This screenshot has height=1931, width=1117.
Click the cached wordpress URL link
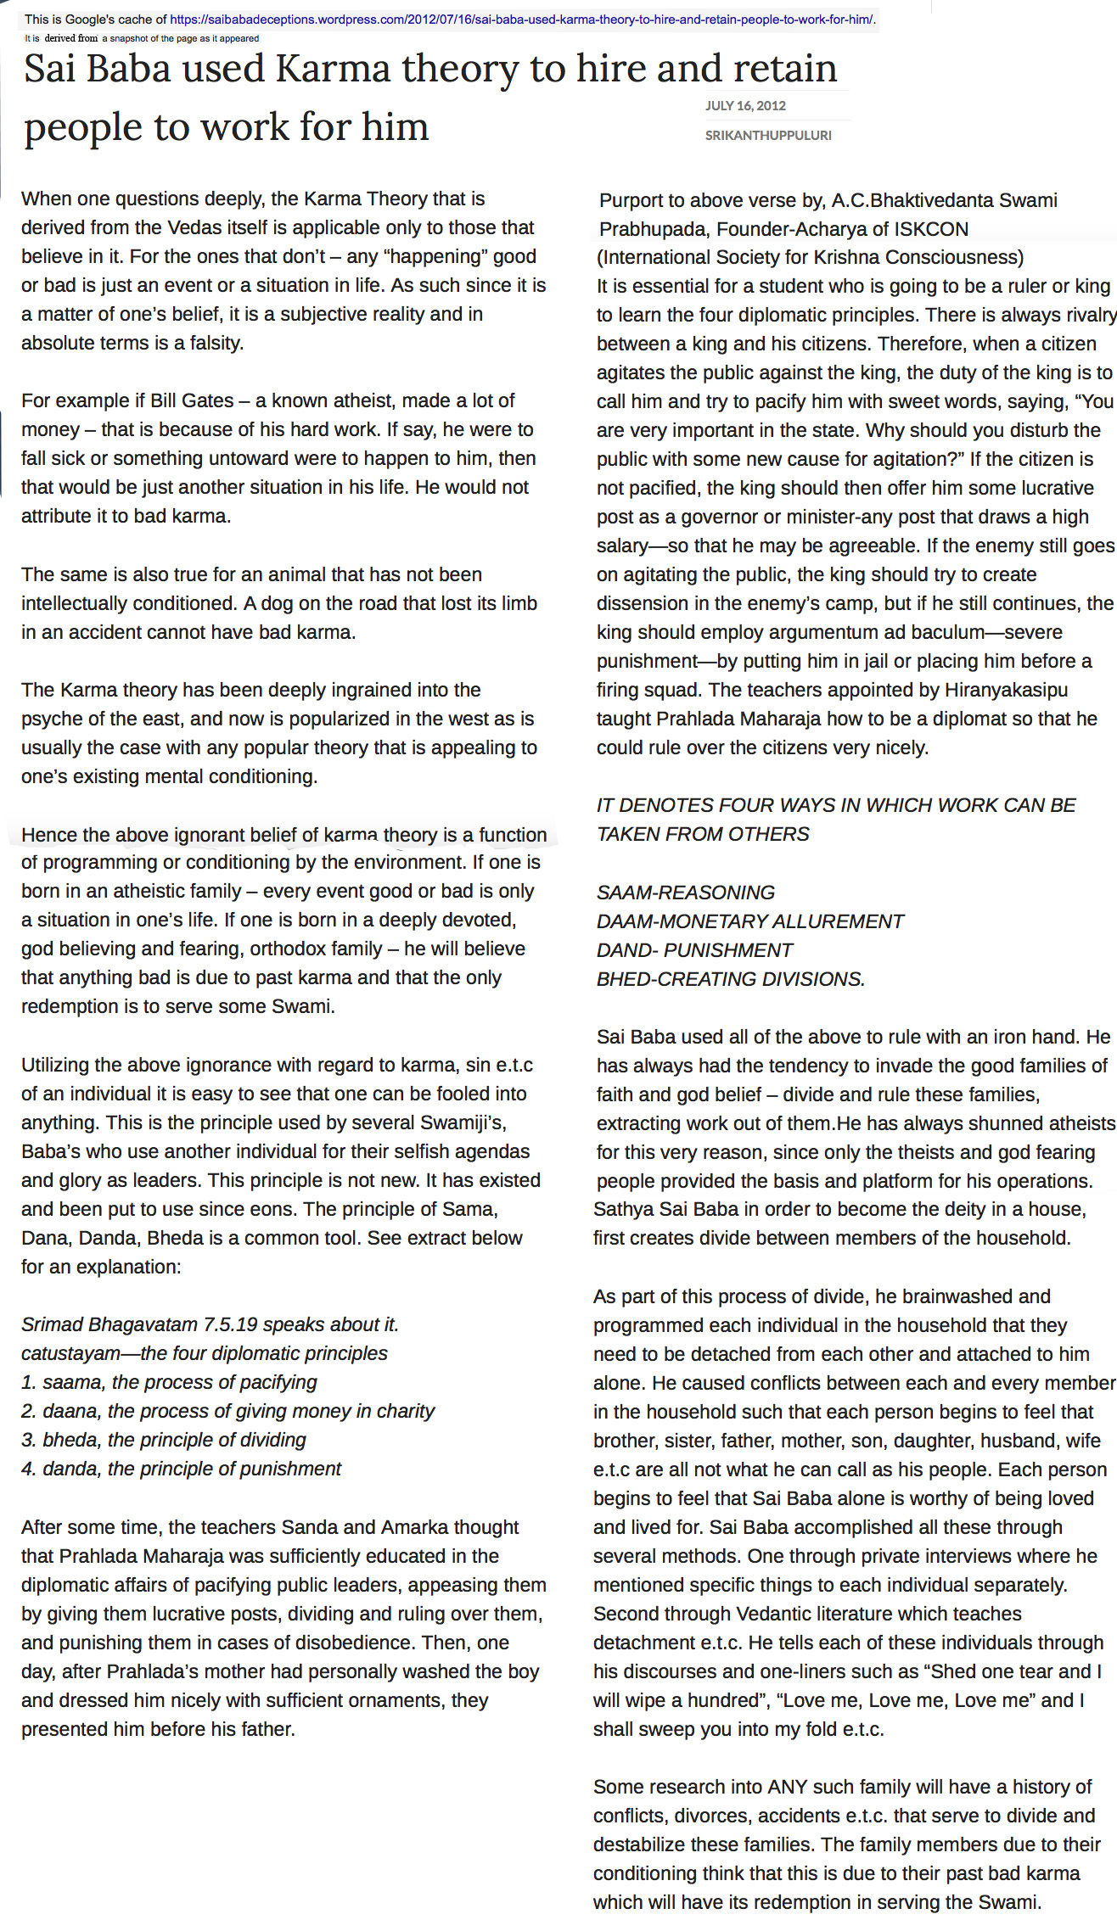pos(521,19)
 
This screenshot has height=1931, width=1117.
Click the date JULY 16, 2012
pos(745,105)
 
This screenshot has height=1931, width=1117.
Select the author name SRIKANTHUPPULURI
pos(768,135)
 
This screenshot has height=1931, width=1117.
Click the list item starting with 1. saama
pos(169,1382)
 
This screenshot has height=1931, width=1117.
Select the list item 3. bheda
pos(164,1440)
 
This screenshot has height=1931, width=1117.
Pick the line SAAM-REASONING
pos(686,893)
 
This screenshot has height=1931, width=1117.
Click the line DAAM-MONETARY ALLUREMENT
pos(750,921)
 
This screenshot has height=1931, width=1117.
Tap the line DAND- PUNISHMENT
pos(695,950)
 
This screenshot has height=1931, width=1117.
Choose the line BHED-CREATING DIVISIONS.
pos(731,979)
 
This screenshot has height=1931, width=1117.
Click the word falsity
pos(216,343)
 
